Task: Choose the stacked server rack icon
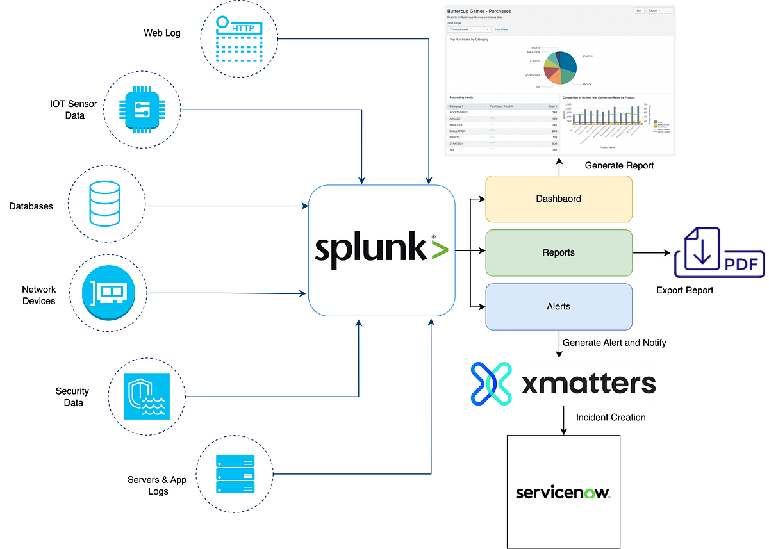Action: point(236,474)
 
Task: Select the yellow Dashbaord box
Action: point(559,199)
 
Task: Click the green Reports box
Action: point(559,252)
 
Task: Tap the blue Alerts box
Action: point(559,307)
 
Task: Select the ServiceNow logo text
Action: point(563,493)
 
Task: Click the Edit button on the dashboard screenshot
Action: point(639,11)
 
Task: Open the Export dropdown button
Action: point(654,11)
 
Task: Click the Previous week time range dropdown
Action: point(469,29)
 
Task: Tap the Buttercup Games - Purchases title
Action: point(479,11)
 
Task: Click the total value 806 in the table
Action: point(554,143)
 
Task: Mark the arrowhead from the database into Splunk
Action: point(304,206)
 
